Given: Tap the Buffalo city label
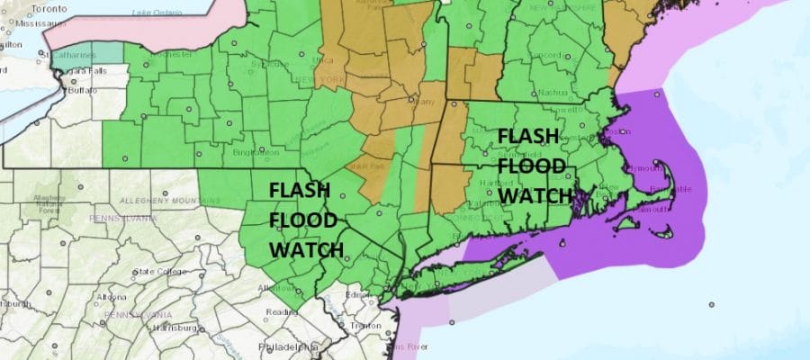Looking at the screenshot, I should tap(82, 92).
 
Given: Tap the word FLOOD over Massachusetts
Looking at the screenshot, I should tap(532, 166).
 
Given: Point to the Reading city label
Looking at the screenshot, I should tap(283, 312).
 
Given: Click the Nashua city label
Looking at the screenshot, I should tap(552, 92).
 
